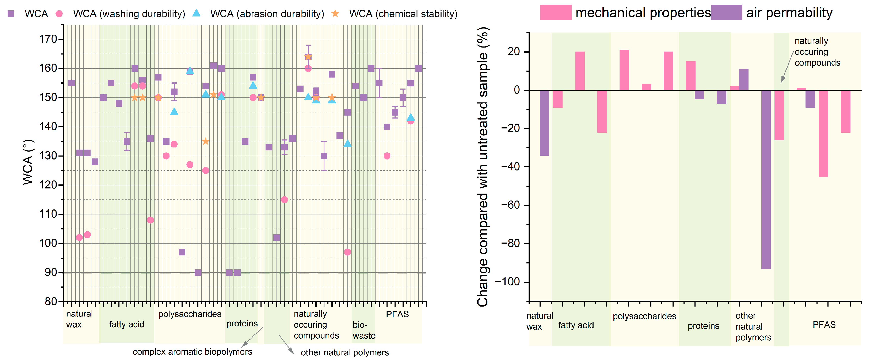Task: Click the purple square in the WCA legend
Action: [11, 14]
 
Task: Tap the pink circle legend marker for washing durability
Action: [59, 14]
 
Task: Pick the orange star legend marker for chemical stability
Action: [335, 14]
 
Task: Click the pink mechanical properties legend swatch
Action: [556, 12]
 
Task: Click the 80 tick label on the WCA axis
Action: [51, 301]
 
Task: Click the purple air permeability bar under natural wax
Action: [544, 123]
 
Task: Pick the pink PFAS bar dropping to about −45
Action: [823, 134]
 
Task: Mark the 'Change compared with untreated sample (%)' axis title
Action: [483, 167]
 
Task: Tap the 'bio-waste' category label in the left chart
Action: [364, 330]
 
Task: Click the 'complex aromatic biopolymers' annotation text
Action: [192, 352]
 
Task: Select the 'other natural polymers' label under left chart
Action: [345, 353]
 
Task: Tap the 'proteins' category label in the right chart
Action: [703, 326]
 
